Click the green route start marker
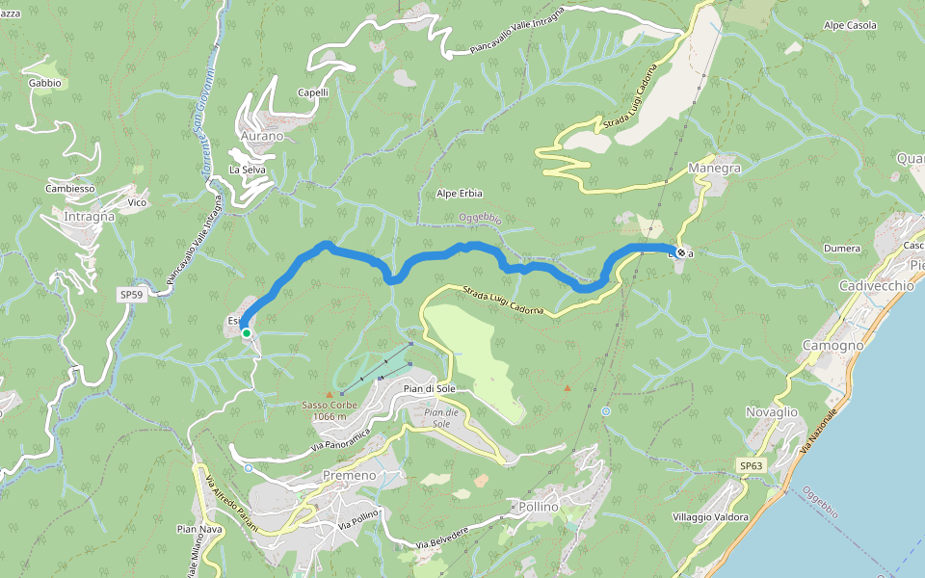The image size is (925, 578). tap(247, 333)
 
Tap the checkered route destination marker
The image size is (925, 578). tap(681, 252)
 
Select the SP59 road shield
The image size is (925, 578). tap(132, 295)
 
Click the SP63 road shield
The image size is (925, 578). tap(751, 465)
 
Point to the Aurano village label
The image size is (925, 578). tap(262, 136)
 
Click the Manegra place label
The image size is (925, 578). tap(715, 168)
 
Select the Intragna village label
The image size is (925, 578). tap(89, 217)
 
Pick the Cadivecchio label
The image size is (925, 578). tap(877, 287)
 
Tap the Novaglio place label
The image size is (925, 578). tap(772, 412)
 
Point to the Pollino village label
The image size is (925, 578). tap(538, 507)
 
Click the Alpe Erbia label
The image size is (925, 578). tap(459, 193)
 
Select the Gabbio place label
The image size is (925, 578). tap(45, 83)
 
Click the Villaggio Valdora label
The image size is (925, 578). tap(711, 517)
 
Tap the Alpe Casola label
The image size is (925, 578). tap(849, 25)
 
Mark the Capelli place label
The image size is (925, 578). tap(313, 92)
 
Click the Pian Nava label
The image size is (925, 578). tap(199, 529)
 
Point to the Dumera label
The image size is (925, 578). tap(842, 249)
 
